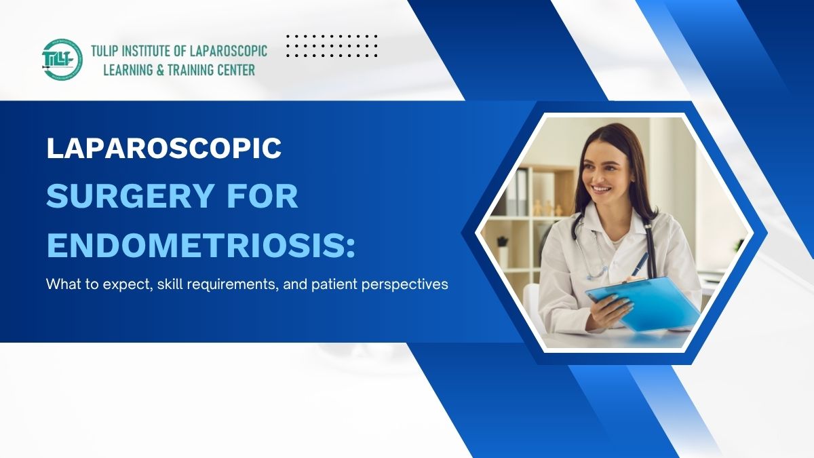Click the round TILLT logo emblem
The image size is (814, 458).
point(62,60)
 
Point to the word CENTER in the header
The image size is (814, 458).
point(233,69)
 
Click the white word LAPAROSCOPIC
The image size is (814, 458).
point(163,149)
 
